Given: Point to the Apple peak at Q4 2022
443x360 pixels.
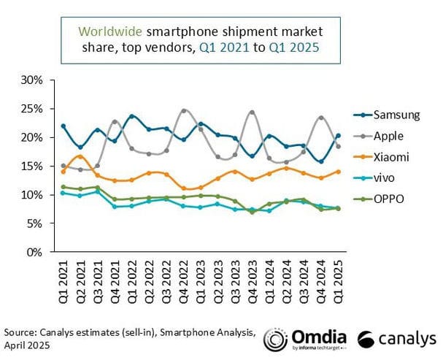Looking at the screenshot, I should coord(183,111).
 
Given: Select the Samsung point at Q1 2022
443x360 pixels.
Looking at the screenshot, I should coord(131,116).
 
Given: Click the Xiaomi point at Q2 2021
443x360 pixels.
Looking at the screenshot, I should coord(80,156).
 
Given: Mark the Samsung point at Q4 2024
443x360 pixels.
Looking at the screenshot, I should coord(320,161).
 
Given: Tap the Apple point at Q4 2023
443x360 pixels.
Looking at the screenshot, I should coord(252,112).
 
